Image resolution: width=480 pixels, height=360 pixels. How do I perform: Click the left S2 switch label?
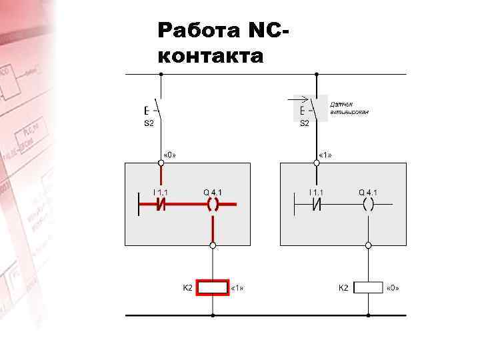[149, 123]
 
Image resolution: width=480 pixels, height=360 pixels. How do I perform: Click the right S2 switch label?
[304, 123]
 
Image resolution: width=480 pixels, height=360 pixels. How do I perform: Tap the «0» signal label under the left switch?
[169, 155]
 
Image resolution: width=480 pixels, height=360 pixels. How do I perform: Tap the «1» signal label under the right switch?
[325, 155]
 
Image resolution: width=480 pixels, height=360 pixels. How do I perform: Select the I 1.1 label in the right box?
[316, 193]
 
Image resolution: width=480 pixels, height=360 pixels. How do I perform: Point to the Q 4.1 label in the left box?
[213, 193]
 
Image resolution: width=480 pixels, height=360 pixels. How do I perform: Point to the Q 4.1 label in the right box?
[368, 193]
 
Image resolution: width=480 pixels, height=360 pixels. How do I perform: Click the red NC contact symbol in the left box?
[161, 205]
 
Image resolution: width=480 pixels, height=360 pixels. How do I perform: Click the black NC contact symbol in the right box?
[316, 205]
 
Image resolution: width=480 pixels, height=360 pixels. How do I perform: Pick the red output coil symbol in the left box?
[213, 205]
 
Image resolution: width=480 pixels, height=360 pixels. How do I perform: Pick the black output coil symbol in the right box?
[368, 205]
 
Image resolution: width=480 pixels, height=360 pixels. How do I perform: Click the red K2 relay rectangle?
[213, 287]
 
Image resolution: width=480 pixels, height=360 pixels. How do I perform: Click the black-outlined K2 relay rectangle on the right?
[368, 287]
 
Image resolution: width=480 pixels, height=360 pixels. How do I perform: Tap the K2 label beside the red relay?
[187, 287]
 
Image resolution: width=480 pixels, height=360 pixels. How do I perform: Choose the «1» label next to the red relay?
[237, 288]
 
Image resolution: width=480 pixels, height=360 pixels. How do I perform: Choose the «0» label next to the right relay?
[393, 288]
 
